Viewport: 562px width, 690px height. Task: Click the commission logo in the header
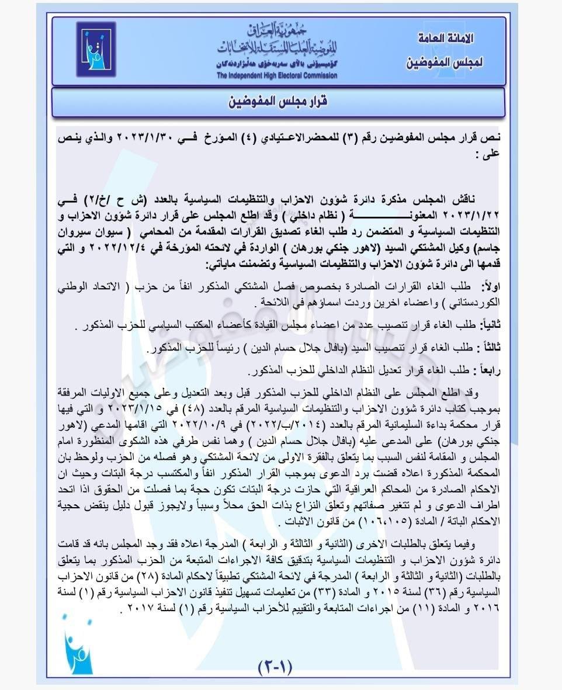[96, 49]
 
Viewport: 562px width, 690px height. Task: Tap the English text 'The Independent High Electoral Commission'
[276, 75]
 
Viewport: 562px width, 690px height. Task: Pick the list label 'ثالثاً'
[487, 348]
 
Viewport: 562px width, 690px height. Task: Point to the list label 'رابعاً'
[488, 370]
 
